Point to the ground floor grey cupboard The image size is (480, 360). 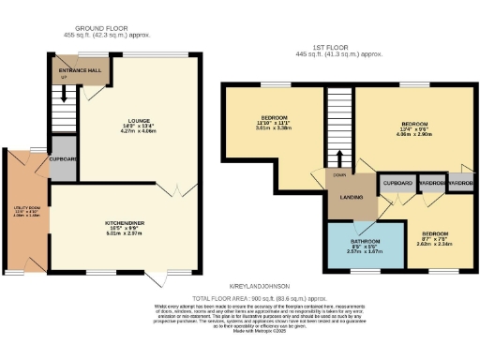tap(62, 158)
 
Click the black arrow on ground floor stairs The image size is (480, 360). tap(64, 94)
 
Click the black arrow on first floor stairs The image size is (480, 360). tap(337, 159)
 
